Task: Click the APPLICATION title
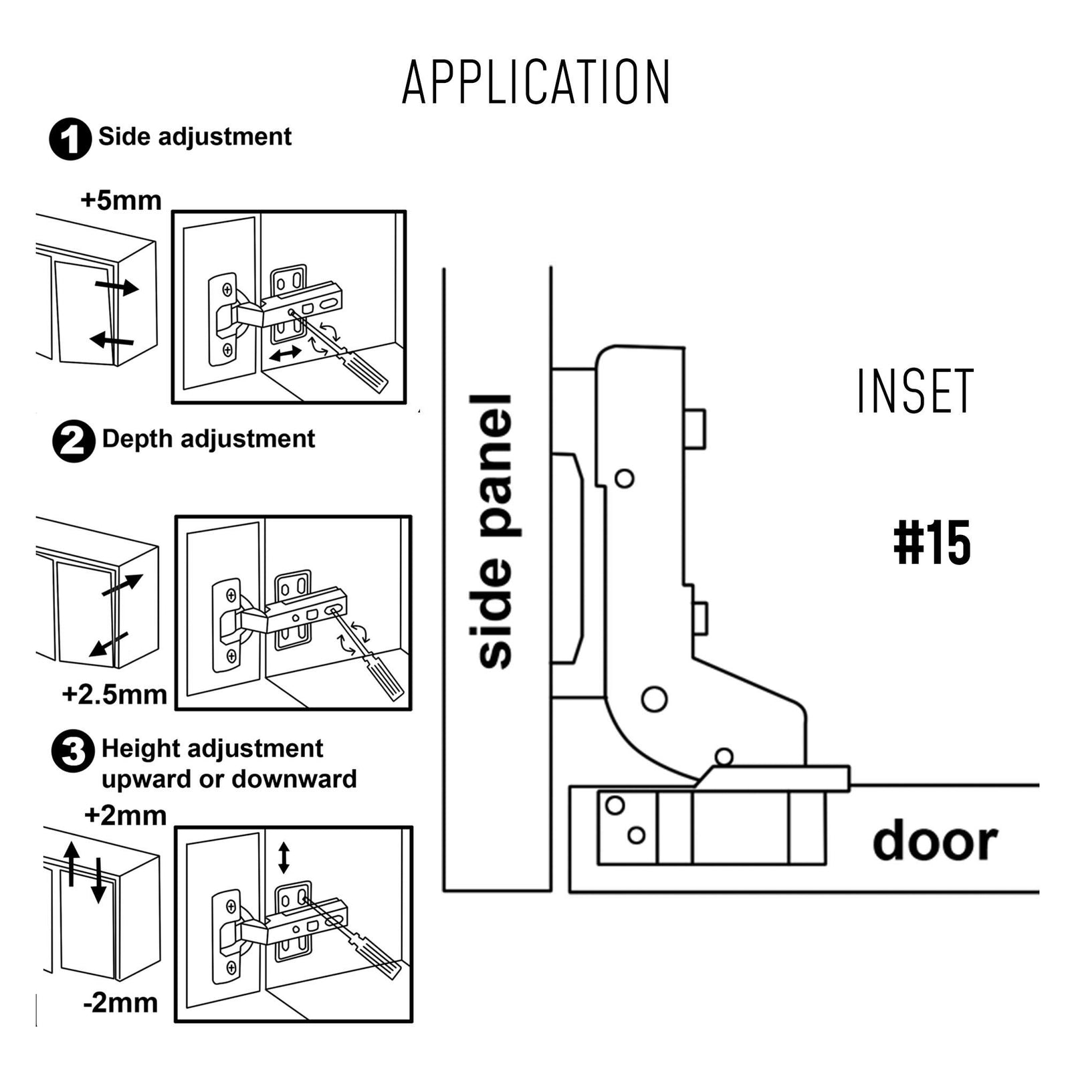(536, 82)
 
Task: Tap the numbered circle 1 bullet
(70, 139)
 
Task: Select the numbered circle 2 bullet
(74, 441)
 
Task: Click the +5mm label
(121, 201)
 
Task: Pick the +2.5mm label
(114, 695)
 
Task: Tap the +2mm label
(126, 816)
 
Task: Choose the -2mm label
(120, 1003)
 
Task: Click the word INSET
(915, 391)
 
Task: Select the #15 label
(932, 544)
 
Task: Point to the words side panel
(496, 532)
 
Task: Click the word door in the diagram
(935, 842)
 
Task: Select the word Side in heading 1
(124, 136)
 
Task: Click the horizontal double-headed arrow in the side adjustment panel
(286, 354)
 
